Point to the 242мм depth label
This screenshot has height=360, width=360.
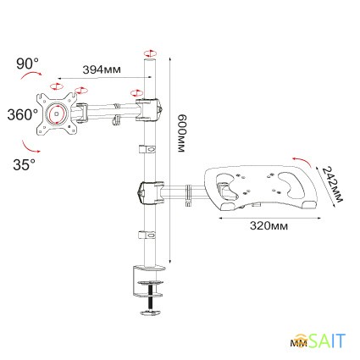pos(331,183)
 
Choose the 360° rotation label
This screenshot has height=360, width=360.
pos(20,114)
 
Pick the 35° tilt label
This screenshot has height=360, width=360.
pos(24,164)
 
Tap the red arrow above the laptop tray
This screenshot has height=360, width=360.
pos(299,160)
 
